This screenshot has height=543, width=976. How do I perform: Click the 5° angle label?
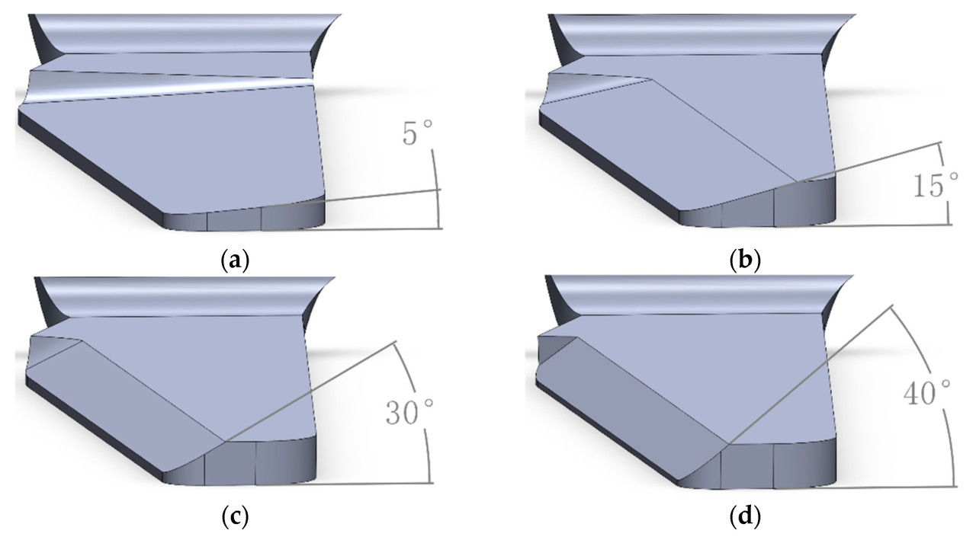417,133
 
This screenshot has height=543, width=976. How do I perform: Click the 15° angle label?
936,185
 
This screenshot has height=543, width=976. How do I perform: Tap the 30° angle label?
409,411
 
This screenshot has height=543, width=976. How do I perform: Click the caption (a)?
236,260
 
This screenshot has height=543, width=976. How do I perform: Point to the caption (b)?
745,260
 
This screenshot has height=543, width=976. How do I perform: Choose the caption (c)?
236,517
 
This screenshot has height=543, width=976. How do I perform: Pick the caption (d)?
745,517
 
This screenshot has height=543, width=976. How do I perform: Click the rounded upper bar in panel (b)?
701,34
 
